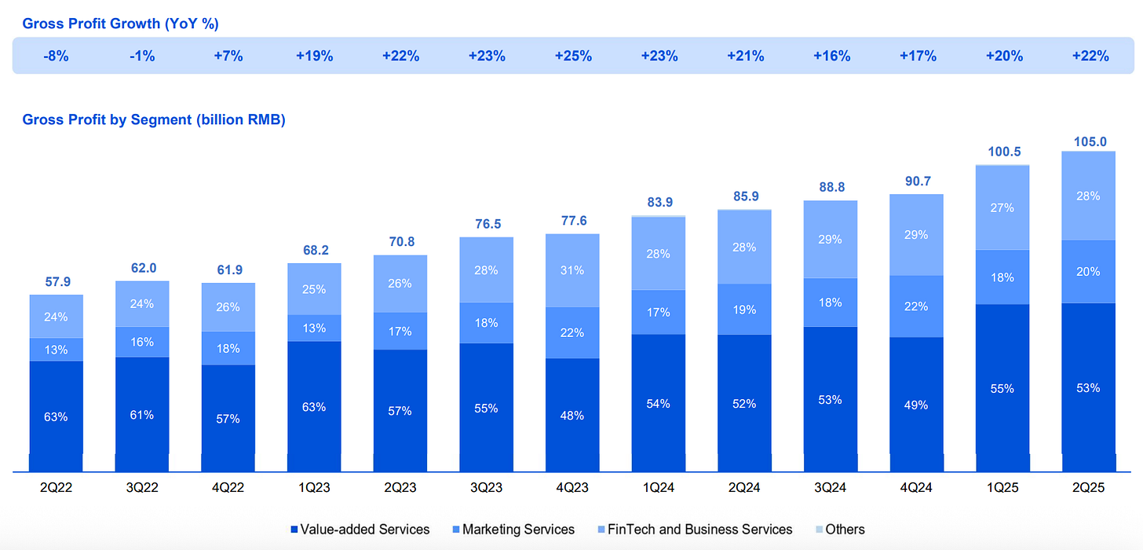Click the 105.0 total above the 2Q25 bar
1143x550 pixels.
(x=1088, y=141)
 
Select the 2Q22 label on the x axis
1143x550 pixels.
(x=57, y=487)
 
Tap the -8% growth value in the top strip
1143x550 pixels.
(x=57, y=56)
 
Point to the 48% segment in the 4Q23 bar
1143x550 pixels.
(x=572, y=415)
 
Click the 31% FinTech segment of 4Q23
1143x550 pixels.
(x=572, y=270)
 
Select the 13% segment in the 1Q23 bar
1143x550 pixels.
(x=314, y=328)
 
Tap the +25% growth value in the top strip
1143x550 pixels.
(x=572, y=56)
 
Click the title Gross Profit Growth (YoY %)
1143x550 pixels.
(x=120, y=24)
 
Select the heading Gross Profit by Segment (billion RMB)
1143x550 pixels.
(x=154, y=119)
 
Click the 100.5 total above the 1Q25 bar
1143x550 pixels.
(x=1002, y=152)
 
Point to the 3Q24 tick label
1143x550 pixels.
(x=830, y=487)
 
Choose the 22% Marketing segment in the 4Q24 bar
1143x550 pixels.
(x=916, y=306)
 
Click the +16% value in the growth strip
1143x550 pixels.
(x=830, y=56)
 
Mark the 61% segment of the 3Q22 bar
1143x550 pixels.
(x=142, y=415)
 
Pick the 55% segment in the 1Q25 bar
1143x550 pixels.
(x=1002, y=388)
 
